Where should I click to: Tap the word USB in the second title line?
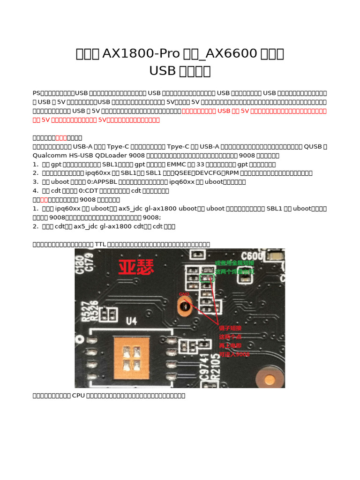pos(162,71)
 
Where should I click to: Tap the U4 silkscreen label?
pos(131,322)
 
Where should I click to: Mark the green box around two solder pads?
pos(206,278)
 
